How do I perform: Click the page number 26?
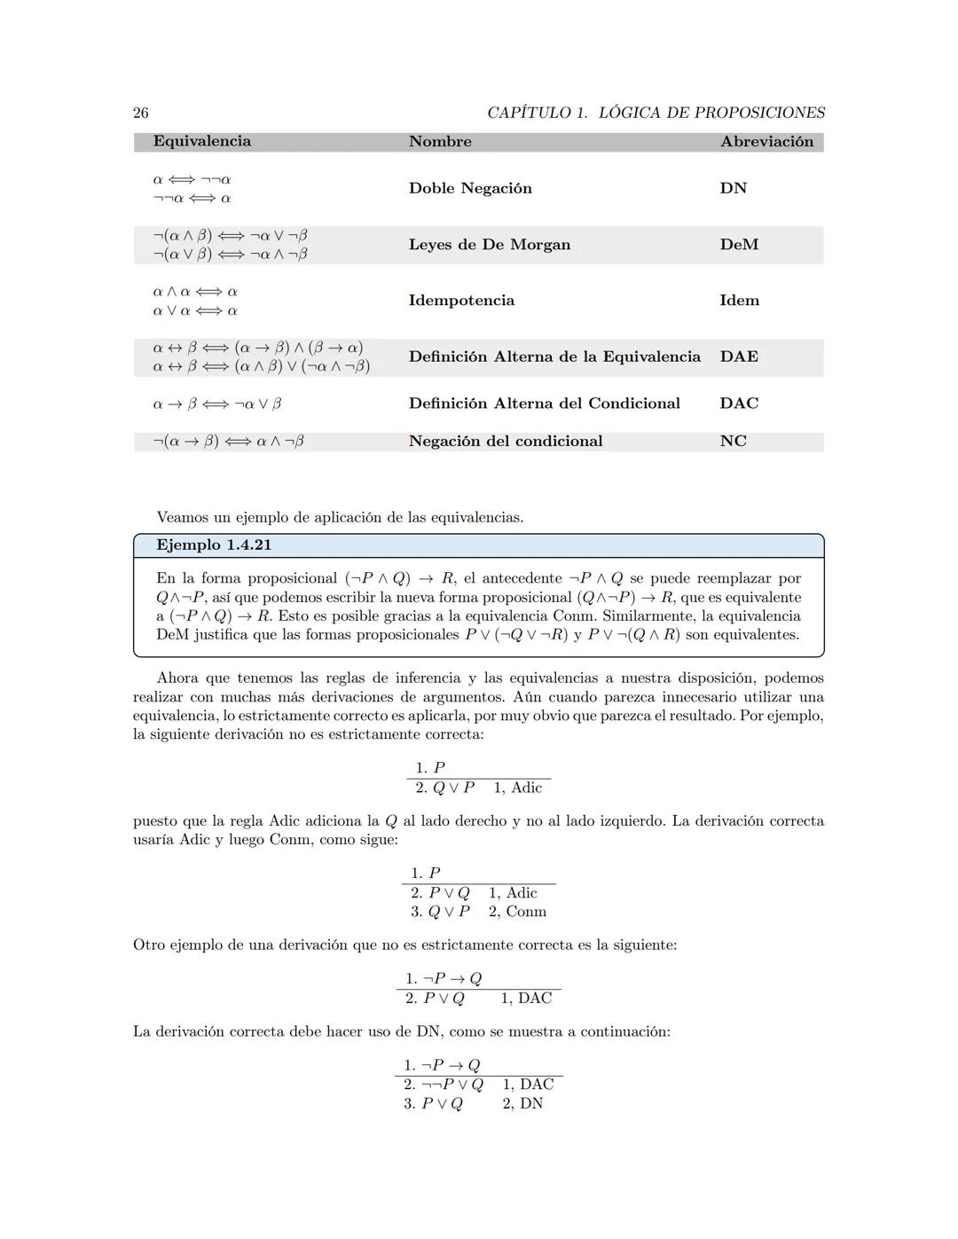coord(141,113)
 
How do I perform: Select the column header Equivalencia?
coord(201,141)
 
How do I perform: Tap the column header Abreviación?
coord(766,141)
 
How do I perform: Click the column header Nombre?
coord(440,141)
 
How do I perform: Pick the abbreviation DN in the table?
coord(734,188)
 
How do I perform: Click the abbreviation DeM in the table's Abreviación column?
coord(739,245)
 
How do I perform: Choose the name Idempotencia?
coord(461,301)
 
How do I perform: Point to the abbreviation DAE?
coord(739,357)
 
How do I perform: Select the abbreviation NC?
coord(733,441)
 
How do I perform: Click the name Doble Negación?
coord(470,188)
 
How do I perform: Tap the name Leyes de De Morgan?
coord(489,245)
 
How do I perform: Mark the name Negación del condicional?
coord(505,441)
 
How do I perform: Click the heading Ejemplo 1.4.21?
coord(214,545)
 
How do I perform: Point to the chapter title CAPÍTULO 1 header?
coord(656,113)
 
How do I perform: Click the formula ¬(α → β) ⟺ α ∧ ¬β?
coord(228,441)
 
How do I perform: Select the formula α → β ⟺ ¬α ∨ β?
coord(217,404)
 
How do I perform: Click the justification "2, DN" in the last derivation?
coord(522,1103)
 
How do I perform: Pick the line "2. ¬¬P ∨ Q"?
coord(443,1085)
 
